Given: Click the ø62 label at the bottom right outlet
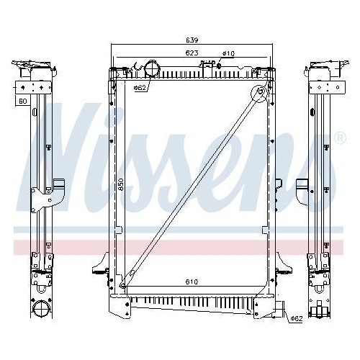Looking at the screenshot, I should coord(295,318).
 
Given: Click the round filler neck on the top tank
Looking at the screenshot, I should coord(151,70).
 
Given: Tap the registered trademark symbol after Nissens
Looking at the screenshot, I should coord(340,138).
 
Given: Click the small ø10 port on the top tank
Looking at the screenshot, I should coord(210,65).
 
